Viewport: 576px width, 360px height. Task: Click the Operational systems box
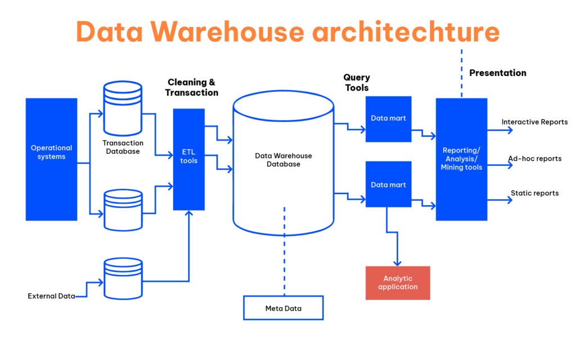click(x=51, y=159)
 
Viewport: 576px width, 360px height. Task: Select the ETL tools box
click(x=188, y=159)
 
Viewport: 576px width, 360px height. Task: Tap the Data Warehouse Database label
click(x=283, y=160)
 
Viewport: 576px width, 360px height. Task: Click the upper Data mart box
click(x=388, y=119)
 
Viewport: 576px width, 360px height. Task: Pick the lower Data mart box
click(x=388, y=184)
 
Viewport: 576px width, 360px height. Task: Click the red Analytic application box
click(x=398, y=282)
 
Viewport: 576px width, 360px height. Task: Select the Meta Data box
click(x=283, y=308)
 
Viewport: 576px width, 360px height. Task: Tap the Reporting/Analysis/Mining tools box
click(x=461, y=159)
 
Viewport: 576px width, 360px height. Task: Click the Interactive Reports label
click(x=534, y=122)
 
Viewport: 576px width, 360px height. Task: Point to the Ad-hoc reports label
click(x=534, y=159)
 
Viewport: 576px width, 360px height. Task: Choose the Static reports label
click(x=534, y=193)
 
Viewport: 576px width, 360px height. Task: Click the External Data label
click(x=51, y=296)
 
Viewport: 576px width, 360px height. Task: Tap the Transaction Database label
click(x=123, y=147)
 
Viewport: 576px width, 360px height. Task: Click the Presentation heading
click(x=498, y=73)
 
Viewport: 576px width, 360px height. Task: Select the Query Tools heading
click(x=357, y=83)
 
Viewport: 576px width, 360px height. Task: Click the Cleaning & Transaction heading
click(x=192, y=87)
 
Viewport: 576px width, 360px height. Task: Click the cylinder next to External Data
click(x=123, y=279)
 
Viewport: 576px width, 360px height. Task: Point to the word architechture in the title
click(x=406, y=31)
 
